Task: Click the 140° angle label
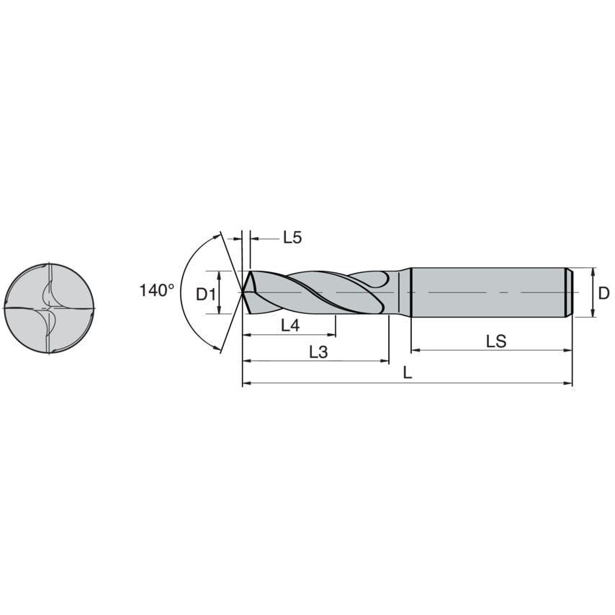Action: [x=156, y=290]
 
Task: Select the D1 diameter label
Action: [x=206, y=293]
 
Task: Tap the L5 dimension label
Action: [x=292, y=238]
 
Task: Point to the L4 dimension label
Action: [x=289, y=325]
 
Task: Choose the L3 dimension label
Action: [x=318, y=351]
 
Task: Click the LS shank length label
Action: [x=495, y=341]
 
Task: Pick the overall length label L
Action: [x=408, y=373]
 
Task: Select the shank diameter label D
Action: [x=603, y=293]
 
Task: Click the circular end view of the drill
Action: [x=50, y=308]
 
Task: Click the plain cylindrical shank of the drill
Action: [x=487, y=292]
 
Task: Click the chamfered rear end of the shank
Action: [x=568, y=292]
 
